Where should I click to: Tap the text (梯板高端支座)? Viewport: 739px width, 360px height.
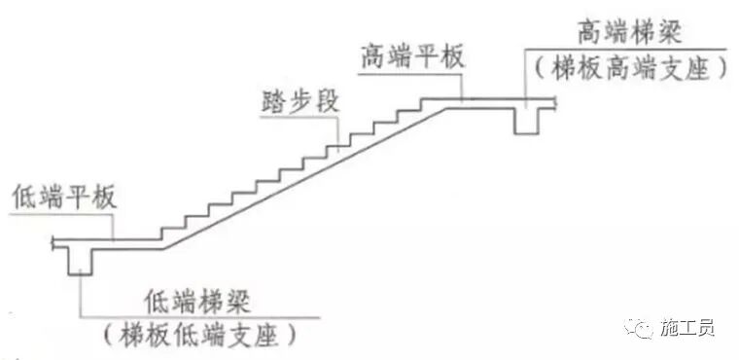(626, 68)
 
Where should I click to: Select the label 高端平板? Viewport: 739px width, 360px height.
(412, 54)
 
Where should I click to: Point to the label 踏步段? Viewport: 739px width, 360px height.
(300, 101)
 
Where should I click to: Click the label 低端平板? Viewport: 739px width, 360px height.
(64, 198)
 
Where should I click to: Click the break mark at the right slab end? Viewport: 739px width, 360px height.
(555, 100)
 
